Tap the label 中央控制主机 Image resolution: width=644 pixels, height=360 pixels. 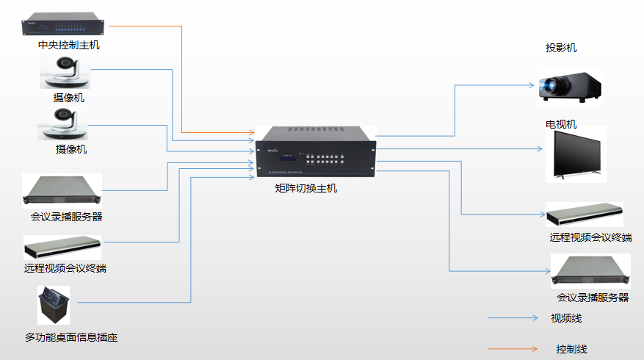(69, 46)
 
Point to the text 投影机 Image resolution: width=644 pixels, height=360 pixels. (561, 48)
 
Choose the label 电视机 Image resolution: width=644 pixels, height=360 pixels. (561, 124)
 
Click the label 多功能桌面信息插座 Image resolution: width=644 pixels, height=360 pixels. (71, 338)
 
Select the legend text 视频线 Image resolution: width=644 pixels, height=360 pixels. (566, 319)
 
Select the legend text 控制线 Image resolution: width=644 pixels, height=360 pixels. (571, 349)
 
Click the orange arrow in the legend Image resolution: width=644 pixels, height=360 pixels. (514, 349)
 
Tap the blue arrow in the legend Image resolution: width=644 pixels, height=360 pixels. (514, 319)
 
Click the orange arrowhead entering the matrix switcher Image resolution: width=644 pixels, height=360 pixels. (250, 133)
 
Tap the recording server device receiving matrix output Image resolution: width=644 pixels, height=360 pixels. (591, 271)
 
